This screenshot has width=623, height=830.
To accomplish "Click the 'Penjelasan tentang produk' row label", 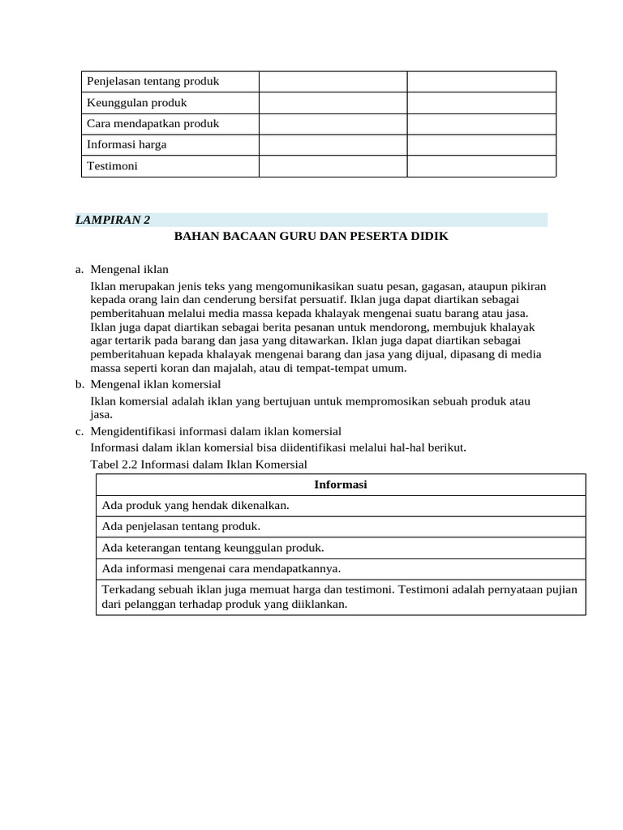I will (153, 82).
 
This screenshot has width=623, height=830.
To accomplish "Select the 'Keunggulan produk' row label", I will (137, 103).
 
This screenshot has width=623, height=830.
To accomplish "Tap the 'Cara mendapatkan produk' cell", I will (153, 124).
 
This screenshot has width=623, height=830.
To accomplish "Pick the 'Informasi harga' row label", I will (127, 145).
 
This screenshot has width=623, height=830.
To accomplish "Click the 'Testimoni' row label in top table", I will (113, 166).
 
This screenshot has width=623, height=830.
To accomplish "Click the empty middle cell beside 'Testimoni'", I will (333, 166).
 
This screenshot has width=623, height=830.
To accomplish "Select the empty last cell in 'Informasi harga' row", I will (481, 145).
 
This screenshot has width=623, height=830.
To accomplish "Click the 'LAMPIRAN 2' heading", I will (113, 220).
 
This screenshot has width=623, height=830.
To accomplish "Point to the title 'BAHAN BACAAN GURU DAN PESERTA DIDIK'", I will (311, 236).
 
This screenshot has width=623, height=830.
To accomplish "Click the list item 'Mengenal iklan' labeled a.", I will (129, 269).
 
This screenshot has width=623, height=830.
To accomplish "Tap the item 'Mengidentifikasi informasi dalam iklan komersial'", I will (216, 430).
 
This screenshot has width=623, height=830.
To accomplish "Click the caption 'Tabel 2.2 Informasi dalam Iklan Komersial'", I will (199, 464).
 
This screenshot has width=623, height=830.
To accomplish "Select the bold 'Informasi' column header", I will (341, 485).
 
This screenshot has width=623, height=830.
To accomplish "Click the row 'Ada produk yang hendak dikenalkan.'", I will (195, 506).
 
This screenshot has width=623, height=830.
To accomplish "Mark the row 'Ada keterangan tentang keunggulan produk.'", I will (213, 548).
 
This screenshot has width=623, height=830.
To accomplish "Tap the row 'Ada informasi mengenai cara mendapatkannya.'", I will (221, 569).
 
